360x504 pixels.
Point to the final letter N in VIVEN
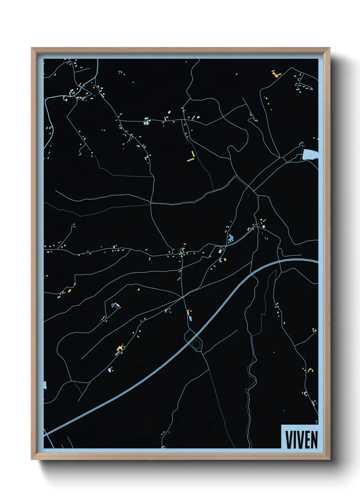[314, 440]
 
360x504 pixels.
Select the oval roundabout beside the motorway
[196, 345]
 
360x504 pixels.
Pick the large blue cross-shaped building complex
[231, 238]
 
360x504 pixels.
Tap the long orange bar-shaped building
[190, 159]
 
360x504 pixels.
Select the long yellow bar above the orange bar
[193, 154]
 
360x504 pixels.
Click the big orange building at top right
[276, 74]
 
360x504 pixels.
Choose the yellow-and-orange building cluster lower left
[119, 348]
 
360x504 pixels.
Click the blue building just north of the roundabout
[191, 318]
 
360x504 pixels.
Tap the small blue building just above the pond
[300, 144]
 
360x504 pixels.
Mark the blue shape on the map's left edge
[45, 385]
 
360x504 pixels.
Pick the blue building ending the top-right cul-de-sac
[311, 89]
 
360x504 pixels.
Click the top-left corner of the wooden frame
[32, 48]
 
